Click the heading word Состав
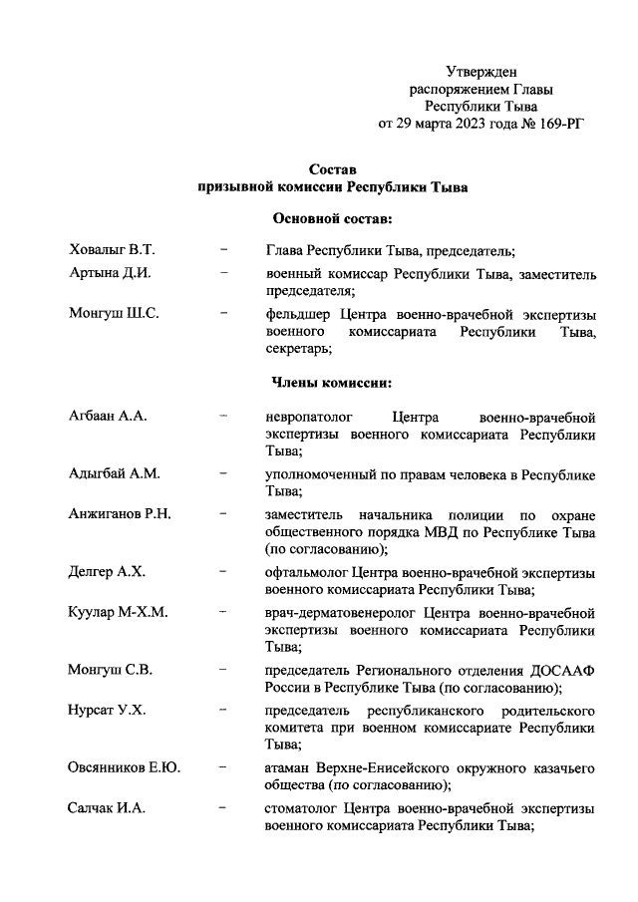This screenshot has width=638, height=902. pos(333,168)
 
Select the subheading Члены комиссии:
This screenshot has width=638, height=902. pos(332,382)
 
